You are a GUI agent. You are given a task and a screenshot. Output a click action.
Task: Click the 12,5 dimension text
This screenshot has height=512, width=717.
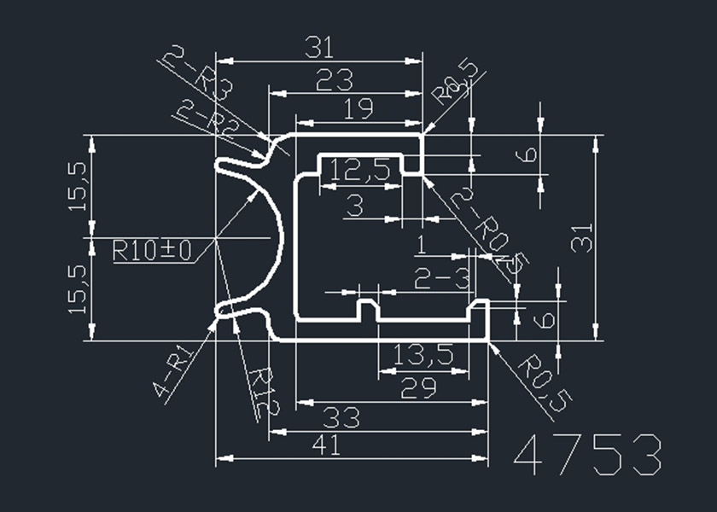pos(359,170)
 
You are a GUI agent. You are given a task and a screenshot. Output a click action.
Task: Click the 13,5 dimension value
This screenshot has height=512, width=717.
pos(424,352)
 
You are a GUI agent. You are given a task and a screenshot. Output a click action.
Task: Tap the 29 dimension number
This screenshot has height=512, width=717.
pos(418,388)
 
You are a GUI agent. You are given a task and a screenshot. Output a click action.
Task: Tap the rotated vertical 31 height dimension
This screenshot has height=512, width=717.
pos(581,237)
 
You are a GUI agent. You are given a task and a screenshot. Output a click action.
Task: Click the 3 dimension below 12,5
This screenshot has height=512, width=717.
pos(354,206)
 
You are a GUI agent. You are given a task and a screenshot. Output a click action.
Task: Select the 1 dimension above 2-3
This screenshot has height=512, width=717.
pos(421,247)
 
